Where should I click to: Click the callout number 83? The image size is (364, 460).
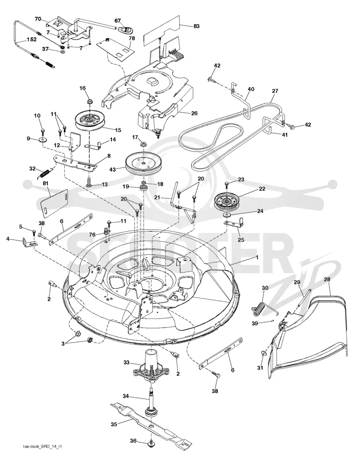click(197, 26)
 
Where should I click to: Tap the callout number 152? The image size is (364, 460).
click(32, 39)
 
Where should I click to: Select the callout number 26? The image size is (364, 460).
click(194, 113)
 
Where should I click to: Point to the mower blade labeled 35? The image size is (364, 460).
click(152, 423)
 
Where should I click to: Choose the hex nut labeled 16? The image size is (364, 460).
click(90, 102)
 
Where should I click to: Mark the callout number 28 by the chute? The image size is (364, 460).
click(327, 279)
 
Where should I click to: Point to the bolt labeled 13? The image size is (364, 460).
click(89, 182)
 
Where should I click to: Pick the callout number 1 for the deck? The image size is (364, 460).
click(257, 257)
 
